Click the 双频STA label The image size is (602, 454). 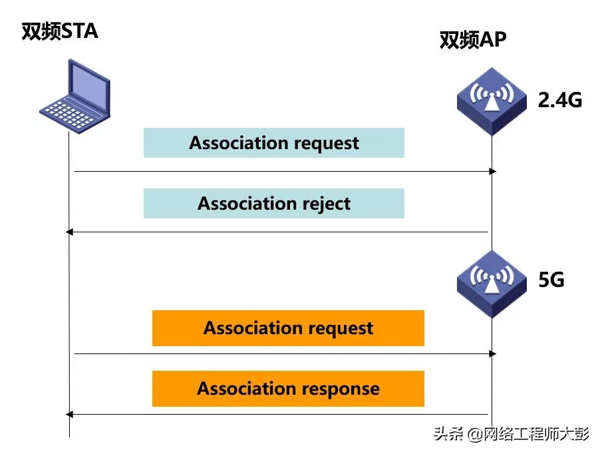click(x=60, y=31)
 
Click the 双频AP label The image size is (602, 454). click(x=473, y=40)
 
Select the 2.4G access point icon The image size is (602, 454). click(x=492, y=100)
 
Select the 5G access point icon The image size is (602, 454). click(x=492, y=282)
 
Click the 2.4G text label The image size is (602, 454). click(x=559, y=100)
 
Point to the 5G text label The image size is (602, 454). click(x=551, y=280)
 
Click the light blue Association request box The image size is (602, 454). click(x=273, y=142)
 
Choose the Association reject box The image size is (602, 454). click(x=273, y=203)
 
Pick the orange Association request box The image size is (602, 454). click(x=288, y=328)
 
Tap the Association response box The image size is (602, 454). click(x=288, y=389)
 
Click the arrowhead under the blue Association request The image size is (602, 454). click(x=493, y=172)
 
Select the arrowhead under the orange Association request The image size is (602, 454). click(x=493, y=354)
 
